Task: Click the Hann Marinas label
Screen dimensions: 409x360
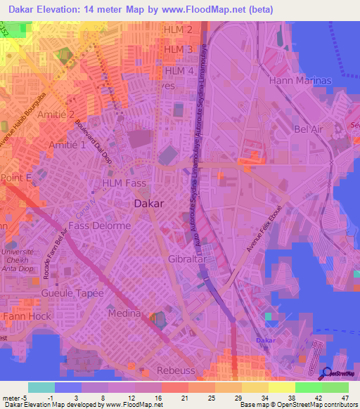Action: [300, 81]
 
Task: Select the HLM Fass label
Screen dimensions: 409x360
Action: [124, 183]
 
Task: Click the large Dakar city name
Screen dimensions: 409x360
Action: [148, 204]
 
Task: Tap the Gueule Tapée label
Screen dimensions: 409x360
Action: [72, 293]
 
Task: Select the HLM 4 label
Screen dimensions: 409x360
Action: [179, 71]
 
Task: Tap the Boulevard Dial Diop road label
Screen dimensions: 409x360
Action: [96, 141]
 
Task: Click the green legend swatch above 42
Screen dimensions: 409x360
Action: [308, 387]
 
